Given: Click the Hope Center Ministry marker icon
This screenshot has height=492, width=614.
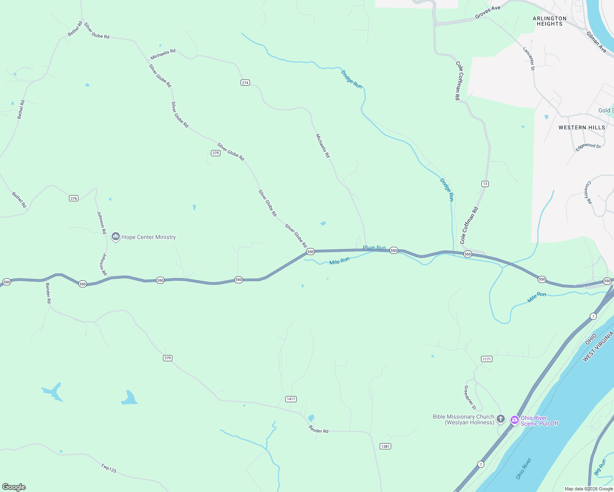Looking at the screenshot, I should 115,237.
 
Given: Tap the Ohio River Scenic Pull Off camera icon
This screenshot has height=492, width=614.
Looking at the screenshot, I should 514,420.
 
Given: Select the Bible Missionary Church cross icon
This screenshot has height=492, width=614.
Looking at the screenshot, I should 500,419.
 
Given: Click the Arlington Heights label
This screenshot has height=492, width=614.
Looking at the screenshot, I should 550,21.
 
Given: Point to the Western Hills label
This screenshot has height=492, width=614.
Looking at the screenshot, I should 582,128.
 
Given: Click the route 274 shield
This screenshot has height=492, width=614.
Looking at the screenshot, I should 245,82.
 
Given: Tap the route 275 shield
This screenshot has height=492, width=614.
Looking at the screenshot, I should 215,153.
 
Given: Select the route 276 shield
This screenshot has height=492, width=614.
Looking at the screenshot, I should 73,198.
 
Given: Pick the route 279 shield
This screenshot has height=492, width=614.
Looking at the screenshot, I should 167,358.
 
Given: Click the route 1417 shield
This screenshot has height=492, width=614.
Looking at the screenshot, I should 291,399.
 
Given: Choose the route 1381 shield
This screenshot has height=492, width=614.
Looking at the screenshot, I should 385,446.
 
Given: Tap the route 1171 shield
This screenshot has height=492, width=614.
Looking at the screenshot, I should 486,359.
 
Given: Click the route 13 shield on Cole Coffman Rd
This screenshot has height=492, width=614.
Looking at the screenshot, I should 485,184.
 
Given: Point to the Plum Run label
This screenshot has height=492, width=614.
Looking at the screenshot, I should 374,248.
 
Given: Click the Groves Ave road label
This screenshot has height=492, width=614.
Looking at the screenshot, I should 488,12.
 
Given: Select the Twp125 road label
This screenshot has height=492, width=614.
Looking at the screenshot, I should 109,468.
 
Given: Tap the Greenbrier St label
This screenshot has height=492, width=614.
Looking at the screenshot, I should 470,397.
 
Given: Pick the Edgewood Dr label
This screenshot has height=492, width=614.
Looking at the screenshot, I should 588,147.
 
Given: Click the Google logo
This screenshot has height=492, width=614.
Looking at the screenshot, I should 14,487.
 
